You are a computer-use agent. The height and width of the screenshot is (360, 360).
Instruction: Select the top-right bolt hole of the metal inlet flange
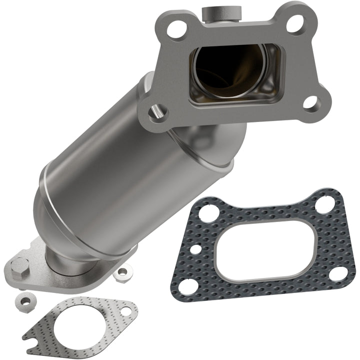click(x=295, y=22)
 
